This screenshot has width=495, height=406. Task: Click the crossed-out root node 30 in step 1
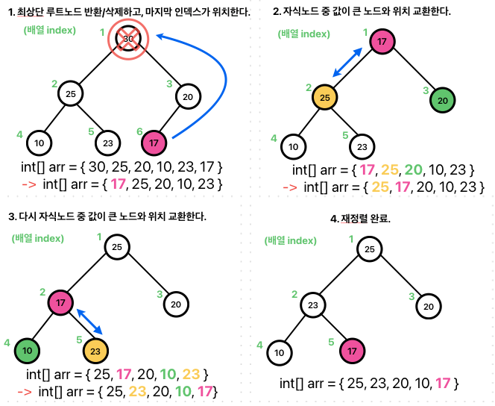(x=128, y=39)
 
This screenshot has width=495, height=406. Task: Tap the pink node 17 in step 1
(x=153, y=141)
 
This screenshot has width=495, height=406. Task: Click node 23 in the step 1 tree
(x=107, y=142)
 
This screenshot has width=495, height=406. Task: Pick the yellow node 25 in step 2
(x=324, y=98)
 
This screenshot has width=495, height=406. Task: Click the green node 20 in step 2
(x=442, y=100)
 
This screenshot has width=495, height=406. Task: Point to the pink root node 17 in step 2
(x=382, y=43)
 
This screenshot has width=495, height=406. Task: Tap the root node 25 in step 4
(x=369, y=249)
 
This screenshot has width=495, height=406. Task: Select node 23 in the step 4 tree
(x=314, y=305)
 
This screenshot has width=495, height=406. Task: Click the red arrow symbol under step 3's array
(x=24, y=391)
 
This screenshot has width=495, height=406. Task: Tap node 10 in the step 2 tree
(x=295, y=146)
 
